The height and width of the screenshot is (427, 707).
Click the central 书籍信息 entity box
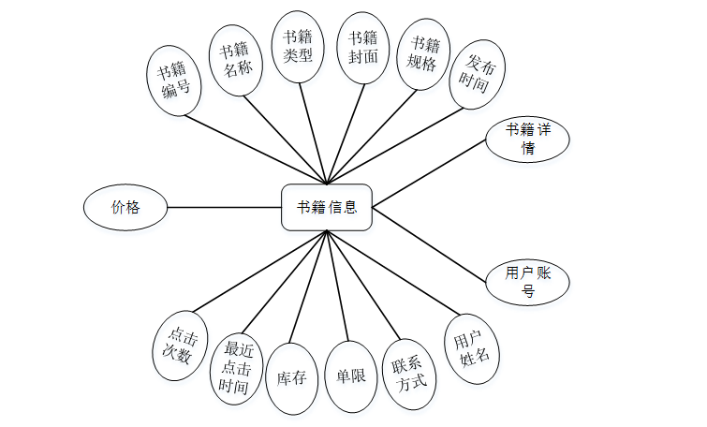click(x=326, y=207)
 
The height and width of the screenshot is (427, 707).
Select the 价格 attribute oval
click(x=125, y=207)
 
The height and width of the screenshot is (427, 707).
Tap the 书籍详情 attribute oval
click(x=527, y=139)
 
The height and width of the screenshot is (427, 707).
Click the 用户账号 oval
click(x=527, y=281)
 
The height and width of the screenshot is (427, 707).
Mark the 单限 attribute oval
click(x=350, y=377)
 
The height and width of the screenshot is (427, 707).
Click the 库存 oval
click(x=291, y=378)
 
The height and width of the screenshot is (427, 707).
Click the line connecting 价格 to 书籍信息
click(x=224, y=207)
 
